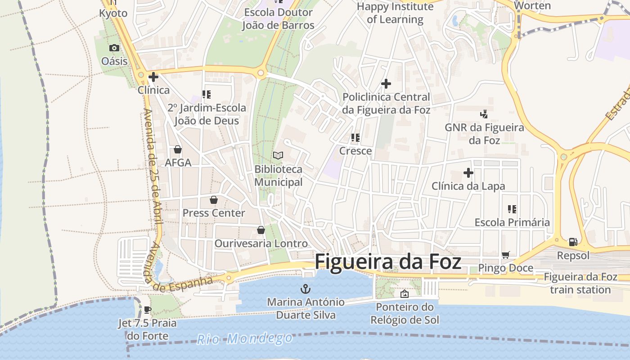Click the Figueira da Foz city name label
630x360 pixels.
pyautogui.click(x=388, y=261)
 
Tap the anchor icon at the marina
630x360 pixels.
pyautogui.click(x=306, y=288)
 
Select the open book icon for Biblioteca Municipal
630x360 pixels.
pyautogui.click(x=278, y=156)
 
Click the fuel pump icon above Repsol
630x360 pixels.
pyautogui.click(x=573, y=242)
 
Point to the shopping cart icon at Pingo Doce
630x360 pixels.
pyautogui.click(x=505, y=255)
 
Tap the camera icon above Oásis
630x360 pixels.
pyautogui.click(x=114, y=48)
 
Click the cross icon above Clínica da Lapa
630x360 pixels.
pyautogui.click(x=468, y=173)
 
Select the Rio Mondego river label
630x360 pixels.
pyautogui.click(x=245, y=338)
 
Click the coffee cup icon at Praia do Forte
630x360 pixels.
pyautogui.click(x=147, y=310)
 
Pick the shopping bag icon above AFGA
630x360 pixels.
pyautogui.click(x=178, y=149)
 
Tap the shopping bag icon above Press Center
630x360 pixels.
pyautogui.click(x=214, y=200)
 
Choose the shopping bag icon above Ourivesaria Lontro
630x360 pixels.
pyautogui.click(x=261, y=230)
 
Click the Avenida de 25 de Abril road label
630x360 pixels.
pyautogui.click(x=153, y=166)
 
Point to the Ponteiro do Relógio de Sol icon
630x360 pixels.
pyautogui.click(x=405, y=294)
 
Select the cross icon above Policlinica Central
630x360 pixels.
pyautogui.click(x=386, y=84)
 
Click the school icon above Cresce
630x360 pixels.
pyautogui.click(x=355, y=138)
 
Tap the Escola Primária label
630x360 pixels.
pyautogui.click(x=512, y=222)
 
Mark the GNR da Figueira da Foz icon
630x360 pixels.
pyautogui.click(x=484, y=114)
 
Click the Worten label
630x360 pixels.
pyautogui.click(x=532, y=6)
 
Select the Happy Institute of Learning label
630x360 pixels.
pyautogui.click(x=395, y=13)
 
